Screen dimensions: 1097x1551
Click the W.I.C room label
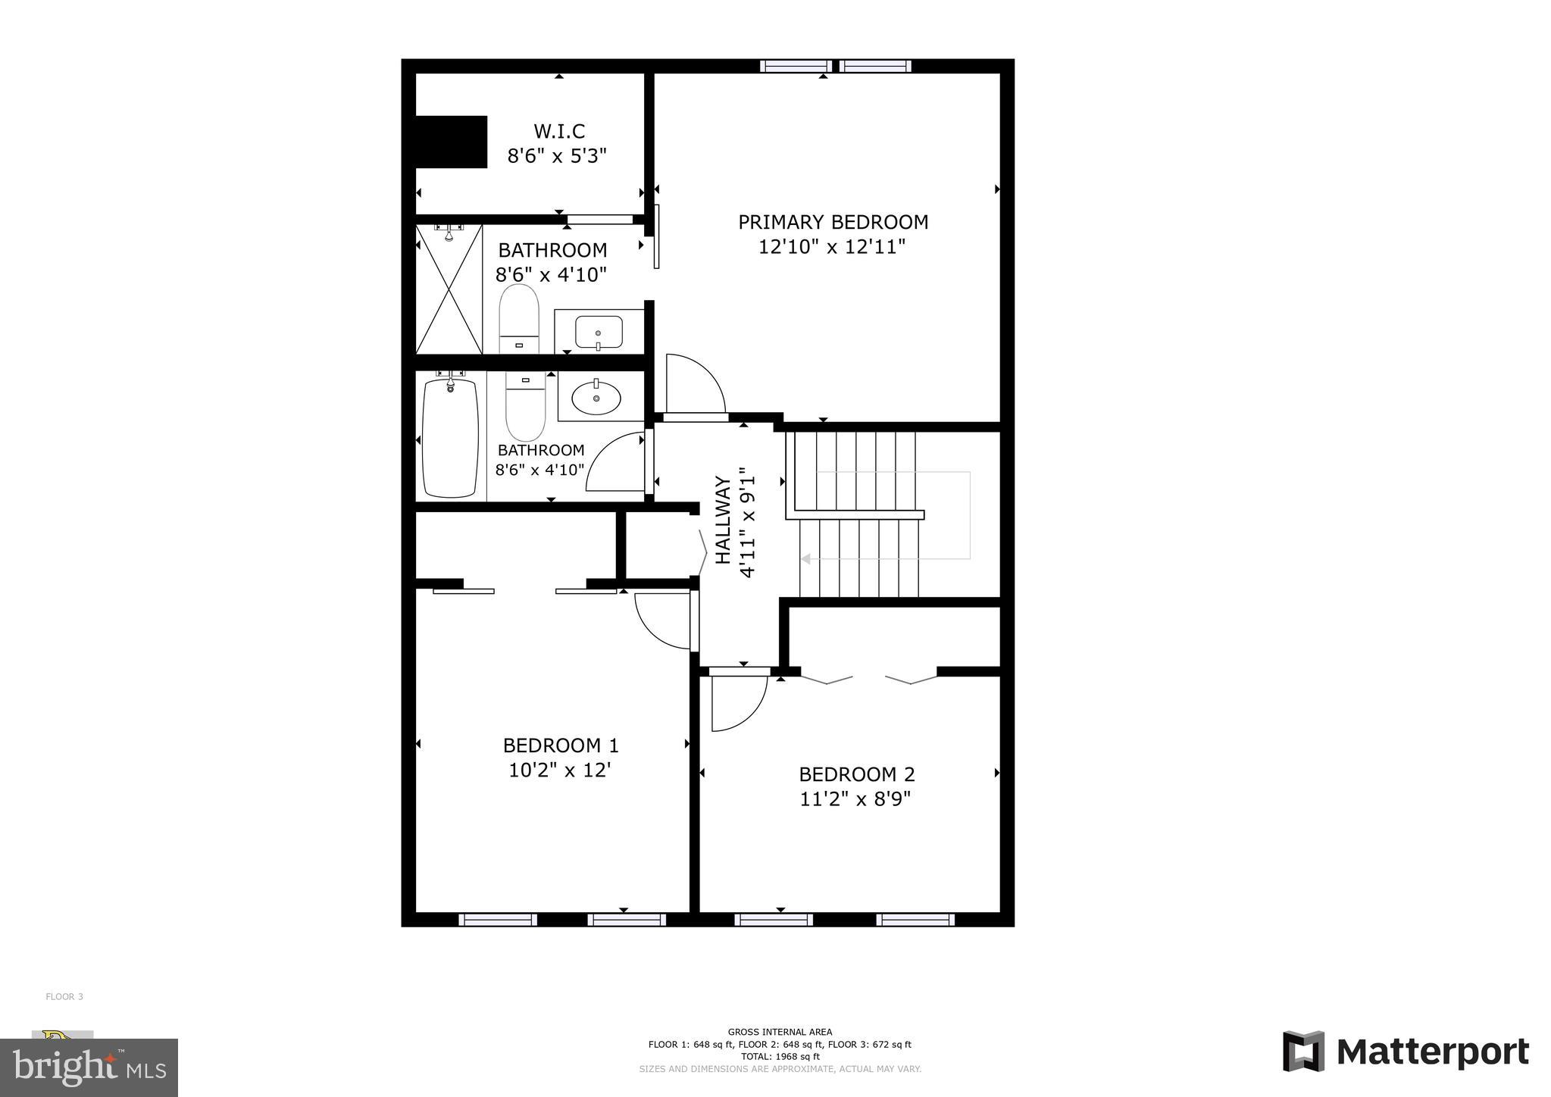coord(559,132)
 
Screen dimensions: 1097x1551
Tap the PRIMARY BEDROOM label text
coord(833,222)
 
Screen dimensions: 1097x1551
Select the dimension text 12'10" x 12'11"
coord(832,247)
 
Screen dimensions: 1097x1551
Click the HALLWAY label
coord(724,520)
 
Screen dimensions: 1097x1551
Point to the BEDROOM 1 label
coord(561,745)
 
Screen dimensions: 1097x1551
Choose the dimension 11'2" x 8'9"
coord(855,799)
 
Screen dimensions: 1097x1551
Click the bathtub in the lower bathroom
coord(450,438)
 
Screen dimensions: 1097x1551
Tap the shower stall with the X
coord(449,289)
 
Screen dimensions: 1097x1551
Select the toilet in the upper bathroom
coord(519,319)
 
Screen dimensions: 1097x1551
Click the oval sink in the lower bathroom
coord(596,397)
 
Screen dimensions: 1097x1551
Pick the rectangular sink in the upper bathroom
coord(599,332)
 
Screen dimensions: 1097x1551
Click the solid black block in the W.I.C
coord(451,142)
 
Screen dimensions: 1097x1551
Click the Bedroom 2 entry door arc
coord(739,703)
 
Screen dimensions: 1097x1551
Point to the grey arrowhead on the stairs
coord(805,559)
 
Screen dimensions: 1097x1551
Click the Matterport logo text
coord(1432,1052)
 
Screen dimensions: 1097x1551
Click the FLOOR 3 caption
coord(64,996)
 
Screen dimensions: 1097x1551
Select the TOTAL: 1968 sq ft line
coord(780,1056)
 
